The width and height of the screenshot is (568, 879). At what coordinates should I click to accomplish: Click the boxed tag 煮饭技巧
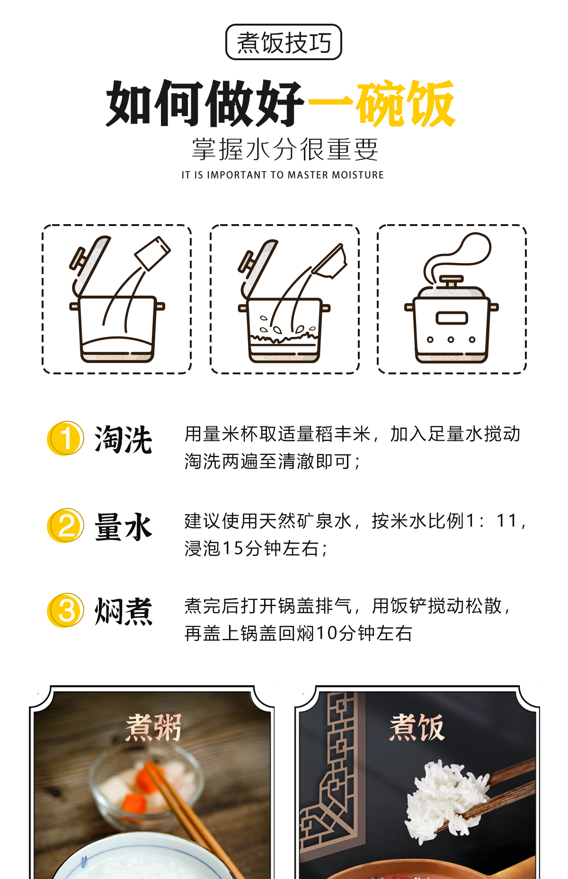pos(284,42)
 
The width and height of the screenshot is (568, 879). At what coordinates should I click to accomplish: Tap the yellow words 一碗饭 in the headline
pos(382,103)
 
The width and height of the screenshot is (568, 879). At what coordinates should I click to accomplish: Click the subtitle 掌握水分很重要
pos(285,149)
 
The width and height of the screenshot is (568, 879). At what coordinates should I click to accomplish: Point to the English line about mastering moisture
pos(283,175)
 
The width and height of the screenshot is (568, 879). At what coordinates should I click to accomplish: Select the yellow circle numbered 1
pos(66,438)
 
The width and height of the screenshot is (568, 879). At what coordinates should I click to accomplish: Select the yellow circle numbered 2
pos(66,526)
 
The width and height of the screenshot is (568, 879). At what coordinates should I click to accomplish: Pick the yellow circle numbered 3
pos(66,610)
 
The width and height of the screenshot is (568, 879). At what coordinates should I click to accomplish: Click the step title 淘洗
pos(123,439)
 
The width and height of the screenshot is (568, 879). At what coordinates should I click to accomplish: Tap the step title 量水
pos(123,526)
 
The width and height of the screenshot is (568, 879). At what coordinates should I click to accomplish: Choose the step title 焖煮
pos(123,611)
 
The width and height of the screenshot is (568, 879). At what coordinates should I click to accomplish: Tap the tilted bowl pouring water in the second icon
pos(330,262)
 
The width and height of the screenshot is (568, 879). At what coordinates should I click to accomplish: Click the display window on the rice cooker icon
pos(452,318)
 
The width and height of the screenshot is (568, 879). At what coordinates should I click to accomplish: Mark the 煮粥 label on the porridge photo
pos(153,727)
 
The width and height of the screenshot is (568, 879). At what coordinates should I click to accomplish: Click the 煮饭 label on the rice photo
pos(417,727)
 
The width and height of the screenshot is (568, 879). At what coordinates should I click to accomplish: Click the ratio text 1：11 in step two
pos(492,521)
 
